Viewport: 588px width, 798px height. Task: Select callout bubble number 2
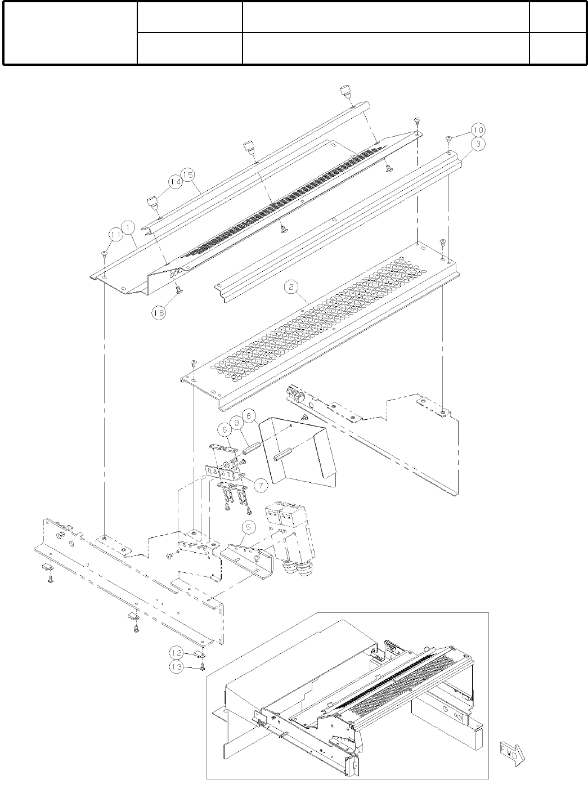pos(291,288)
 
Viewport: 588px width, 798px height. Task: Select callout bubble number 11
pos(115,233)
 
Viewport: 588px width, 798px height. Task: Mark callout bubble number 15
pos(187,175)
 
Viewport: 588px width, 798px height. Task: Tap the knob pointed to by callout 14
pos(152,203)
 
